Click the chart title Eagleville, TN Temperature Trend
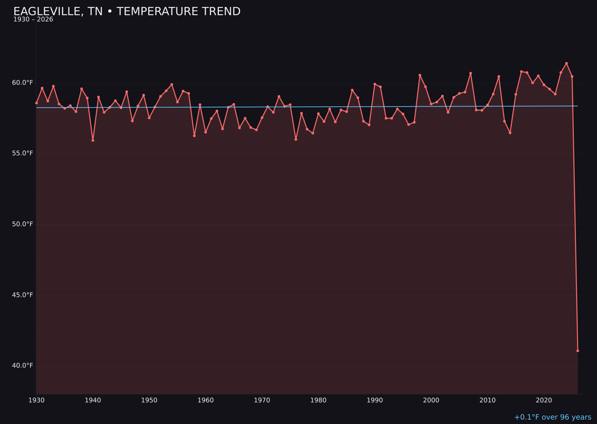coord(127,12)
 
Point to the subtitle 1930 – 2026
coord(33,20)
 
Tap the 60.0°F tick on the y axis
coord(23,83)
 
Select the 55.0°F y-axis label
coord(23,153)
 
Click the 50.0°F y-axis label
coord(23,224)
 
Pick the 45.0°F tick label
coord(23,295)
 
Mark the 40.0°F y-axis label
coord(23,365)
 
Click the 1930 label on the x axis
coord(36,400)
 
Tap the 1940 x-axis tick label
coord(93,400)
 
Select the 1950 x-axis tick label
coord(149,400)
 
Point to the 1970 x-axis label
coord(262,400)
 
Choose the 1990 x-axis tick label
coord(375,400)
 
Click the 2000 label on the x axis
coord(431,400)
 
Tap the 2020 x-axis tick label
coord(544,400)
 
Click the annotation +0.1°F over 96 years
coord(552,417)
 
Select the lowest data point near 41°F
coord(578,351)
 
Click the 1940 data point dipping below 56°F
coord(93,140)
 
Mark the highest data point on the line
coord(566,63)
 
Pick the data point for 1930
coord(36,103)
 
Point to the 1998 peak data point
coord(420,75)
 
